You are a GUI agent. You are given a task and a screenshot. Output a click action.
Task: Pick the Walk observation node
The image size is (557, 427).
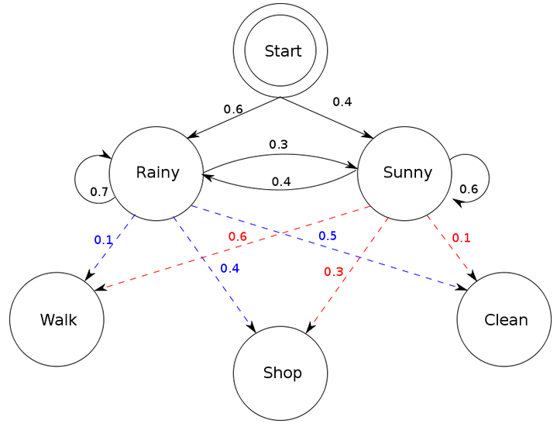point(57,319)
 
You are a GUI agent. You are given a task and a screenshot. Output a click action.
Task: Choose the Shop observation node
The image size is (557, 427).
point(280,374)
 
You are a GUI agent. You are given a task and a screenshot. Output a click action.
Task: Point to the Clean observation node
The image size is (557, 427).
point(504,319)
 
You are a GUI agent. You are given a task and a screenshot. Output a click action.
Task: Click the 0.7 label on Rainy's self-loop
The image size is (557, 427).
point(98,191)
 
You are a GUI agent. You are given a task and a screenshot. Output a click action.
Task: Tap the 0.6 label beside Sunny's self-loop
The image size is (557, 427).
point(469,188)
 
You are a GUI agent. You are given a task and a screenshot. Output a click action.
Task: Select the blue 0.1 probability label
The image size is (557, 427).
point(103,239)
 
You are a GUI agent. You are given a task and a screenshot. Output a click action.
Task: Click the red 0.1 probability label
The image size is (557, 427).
point(461,237)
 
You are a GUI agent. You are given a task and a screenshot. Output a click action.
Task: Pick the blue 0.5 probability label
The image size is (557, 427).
point(327,235)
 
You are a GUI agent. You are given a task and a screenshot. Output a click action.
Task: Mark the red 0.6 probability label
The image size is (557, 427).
point(237,236)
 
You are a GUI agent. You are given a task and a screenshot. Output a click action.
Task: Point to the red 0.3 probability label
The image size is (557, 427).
point(333,271)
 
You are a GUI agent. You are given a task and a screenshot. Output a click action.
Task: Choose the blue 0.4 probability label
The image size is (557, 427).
point(229,268)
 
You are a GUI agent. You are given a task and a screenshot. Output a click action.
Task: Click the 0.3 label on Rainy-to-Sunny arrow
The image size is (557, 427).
point(278,144)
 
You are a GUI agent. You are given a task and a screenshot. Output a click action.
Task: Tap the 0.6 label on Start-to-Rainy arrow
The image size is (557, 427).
point(233,108)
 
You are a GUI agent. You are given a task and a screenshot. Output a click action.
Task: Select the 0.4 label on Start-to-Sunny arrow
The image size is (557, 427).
point(342,102)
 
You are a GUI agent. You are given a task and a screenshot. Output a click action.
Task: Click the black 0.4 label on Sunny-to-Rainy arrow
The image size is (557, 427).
point(281,181)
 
